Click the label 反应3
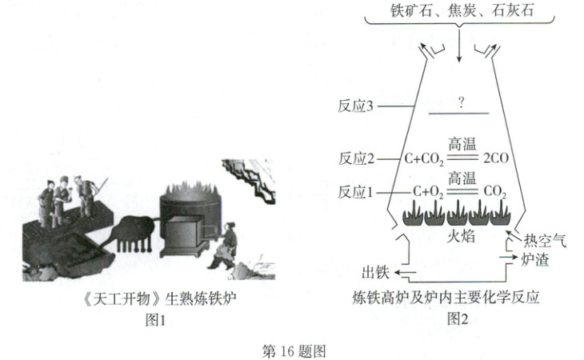[x=357, y=106]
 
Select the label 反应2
[x=357, y=158]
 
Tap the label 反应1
[x=357, y=191]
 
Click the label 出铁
[x=377, y=270]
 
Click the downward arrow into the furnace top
[x=460, y=48]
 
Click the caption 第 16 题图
[x=294, y=350]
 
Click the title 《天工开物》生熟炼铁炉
[x=151, y=298]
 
